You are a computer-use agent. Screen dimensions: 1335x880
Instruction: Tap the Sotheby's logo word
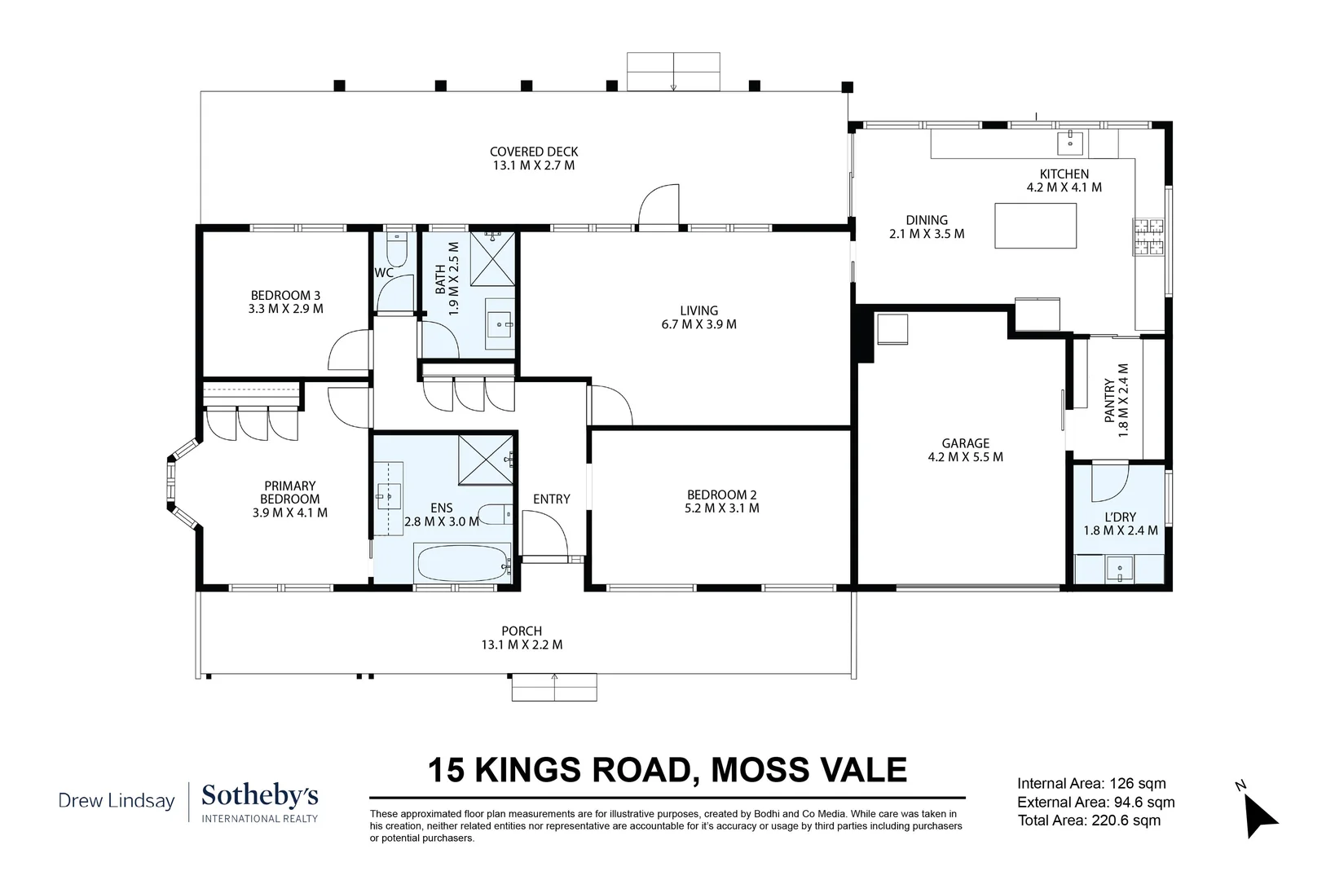pyautogui.click(x=260, y=797)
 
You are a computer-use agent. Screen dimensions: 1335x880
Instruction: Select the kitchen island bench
pyautogui.click(x=1035, y=226)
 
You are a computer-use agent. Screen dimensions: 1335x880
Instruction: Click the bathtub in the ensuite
pyautogui.click(x=464, y=563)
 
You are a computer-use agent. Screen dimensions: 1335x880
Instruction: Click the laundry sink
pyautogui.click(x=1119, y=569)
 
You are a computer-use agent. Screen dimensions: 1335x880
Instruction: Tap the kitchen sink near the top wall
pyautogui.click(x=1070, y=143)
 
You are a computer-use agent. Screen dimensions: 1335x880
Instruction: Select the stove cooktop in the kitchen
pyautogui.click(x=1148, y=236)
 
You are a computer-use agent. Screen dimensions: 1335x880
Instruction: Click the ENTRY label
pyautogui.click(x=551, y=499)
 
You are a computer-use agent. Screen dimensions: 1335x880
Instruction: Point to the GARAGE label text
pyautogui.click(x=966, y=443)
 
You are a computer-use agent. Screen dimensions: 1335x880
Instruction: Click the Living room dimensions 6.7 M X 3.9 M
pyautogui.click(x=699, y=325)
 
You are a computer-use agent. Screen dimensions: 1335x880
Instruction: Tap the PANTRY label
pyautogui.click(x=1109, y=400)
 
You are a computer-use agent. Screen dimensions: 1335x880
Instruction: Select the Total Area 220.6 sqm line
pyautogui.click(x=1089, y=821)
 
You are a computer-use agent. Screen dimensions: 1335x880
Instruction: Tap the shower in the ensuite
pyautogui.click(x=485, y=460)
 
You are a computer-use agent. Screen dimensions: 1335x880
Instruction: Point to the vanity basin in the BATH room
pyautogui.click(x=500, y=325)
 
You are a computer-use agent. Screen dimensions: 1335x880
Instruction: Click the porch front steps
pyautogui.click(x=554, y=687)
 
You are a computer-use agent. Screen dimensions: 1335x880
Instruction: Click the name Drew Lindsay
pyautogui.click(x=117, y=801)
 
